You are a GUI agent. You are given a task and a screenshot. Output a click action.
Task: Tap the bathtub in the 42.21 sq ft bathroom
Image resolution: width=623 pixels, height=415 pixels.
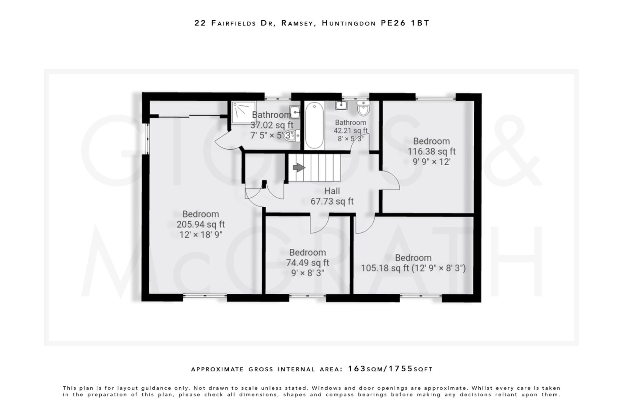coord(314,125)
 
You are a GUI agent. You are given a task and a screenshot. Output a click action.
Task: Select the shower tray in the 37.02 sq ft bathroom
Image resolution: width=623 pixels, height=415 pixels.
coord(243,112)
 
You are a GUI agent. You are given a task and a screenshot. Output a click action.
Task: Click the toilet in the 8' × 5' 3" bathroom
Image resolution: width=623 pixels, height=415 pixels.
coord(363,109)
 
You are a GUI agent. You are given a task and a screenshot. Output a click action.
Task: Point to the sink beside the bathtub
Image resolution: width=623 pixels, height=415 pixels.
coord(341,105)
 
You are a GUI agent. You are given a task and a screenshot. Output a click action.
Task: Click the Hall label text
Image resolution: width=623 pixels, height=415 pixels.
coord(332,191)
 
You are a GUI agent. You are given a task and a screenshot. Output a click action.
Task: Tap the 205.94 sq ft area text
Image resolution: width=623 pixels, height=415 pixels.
coord(200,224)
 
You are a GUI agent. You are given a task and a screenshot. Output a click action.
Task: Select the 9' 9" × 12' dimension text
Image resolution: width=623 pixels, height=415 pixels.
coord(431,162)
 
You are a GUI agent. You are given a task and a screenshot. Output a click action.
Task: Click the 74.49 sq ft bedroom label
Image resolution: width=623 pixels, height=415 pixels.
coord(307,252)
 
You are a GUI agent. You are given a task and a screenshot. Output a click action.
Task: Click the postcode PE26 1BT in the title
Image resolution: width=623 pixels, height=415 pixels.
coord(405,23)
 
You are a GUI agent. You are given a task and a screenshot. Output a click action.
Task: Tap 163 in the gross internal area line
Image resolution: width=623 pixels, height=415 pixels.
coord(357,369)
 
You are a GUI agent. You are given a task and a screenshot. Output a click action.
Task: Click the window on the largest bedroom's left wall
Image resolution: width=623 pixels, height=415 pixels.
coord(147,139)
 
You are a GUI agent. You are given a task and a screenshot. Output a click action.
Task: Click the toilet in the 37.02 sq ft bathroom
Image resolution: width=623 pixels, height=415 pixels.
coord(292,136)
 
